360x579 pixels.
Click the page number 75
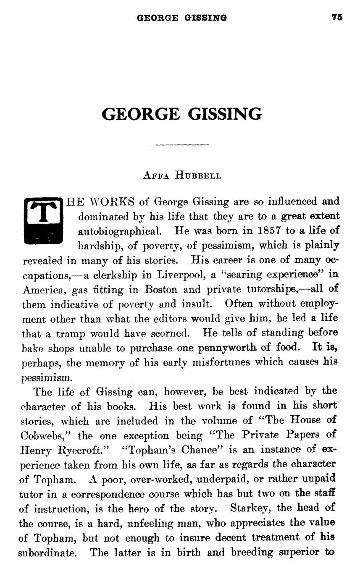(337, 17)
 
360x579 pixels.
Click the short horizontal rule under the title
(182, 145)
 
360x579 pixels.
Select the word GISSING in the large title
(225, 114)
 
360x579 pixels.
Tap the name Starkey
(250, 508)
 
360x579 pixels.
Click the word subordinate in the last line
(47, 553)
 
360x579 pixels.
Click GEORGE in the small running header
(158, 18)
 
